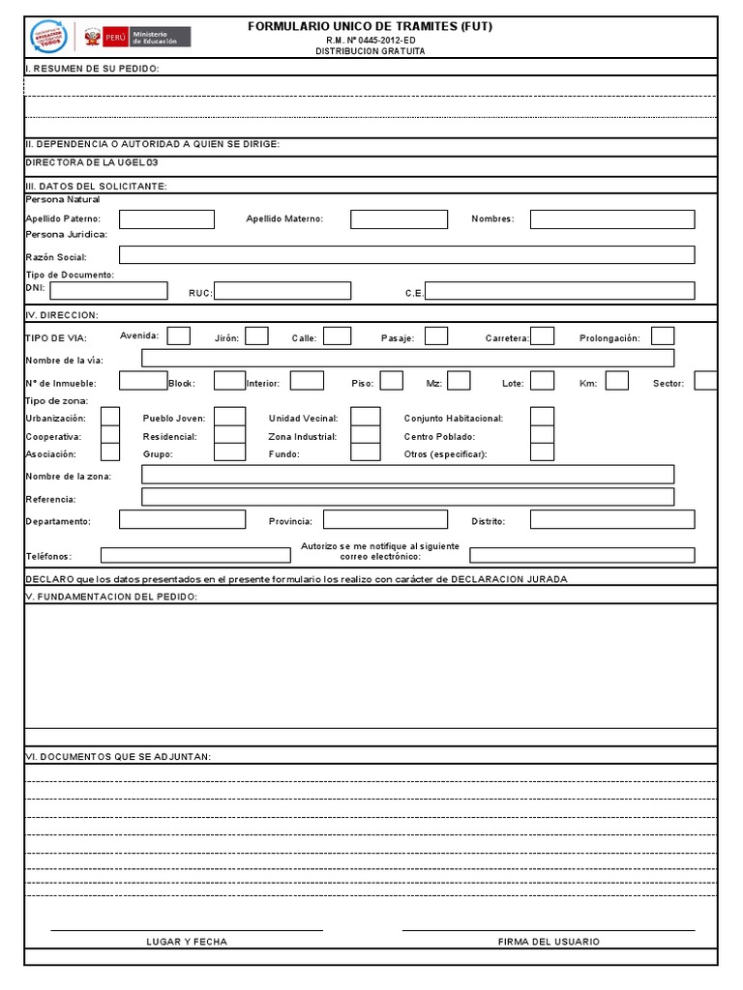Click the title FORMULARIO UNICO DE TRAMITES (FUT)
pyautogui.click(x=371, y=26)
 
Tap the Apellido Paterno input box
pyautogui.click(x=166, y=219)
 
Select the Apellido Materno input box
pyautogui.click(x=399, y=219)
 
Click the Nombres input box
pyautogui.click(x=611, y=219)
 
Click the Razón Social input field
pyautogui.click(x=406, y=255)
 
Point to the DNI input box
pyautogui.click(x=108, y=290)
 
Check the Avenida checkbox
pyautogui.click(x=179, y=336)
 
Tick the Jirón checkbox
pyautogui.click(x=256, y=336)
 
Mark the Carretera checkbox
pyautogui.click(x=543, y=336)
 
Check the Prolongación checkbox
pyautogui.click(x=663, y=336)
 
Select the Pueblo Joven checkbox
pyautogui.click(x=229, y=417)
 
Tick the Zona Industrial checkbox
pyautogui.click(x=365, y=435)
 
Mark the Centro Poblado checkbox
pyautogui.click(x=542, y=435)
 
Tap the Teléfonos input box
pyautogui.click(x=195, y=555)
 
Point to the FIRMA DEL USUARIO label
pyautogui.click(x=549, y=941)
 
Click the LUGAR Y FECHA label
pyautogui.click(x=187, y=941)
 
